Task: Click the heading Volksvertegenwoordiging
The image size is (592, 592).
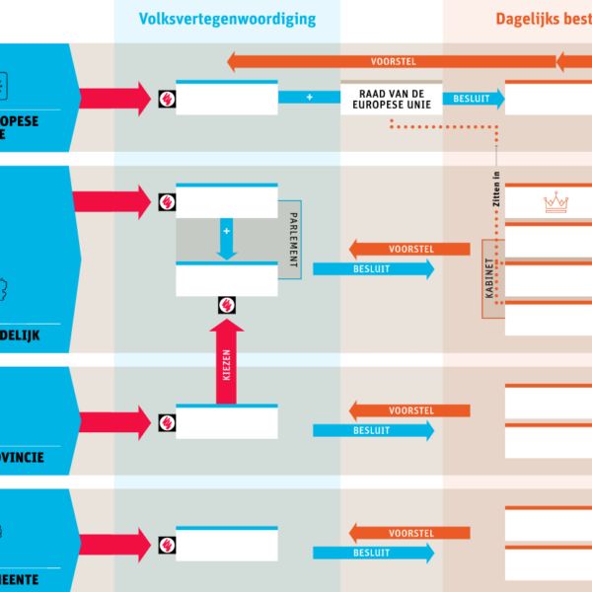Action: [227, 19]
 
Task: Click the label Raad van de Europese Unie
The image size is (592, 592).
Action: [392, 98]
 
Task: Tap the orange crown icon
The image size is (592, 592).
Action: [556, 203]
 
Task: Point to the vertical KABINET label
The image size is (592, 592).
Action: [489, 278]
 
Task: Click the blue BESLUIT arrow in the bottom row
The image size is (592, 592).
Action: [373, 553]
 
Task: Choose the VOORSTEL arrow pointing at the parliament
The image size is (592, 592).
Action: [407, 249]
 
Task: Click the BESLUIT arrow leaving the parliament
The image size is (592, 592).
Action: [373, 269]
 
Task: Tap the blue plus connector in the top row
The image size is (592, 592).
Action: [309, 98]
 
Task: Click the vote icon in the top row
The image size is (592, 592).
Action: [167, 99]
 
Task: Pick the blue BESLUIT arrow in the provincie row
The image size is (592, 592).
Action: [373, 430]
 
